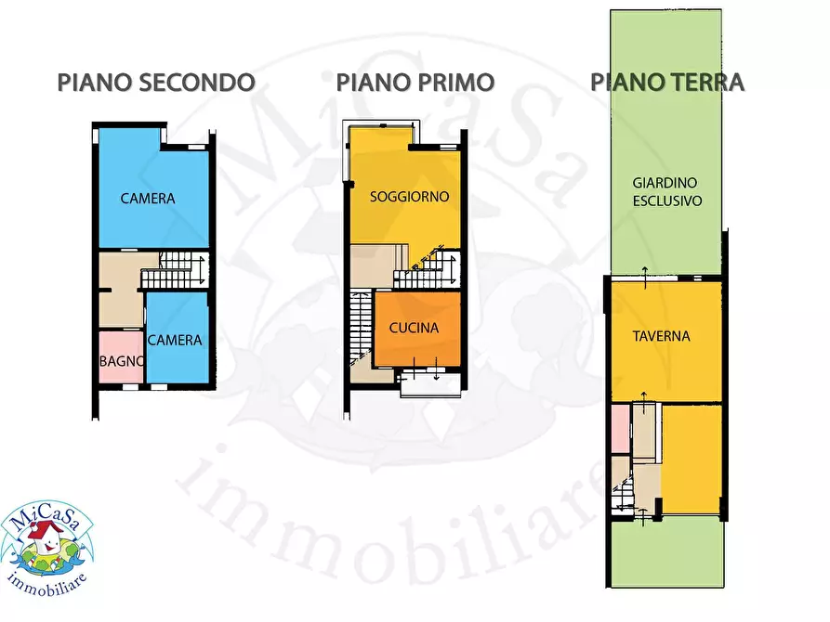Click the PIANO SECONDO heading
[156, 82]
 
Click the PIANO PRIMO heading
[415, 82]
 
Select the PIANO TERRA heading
[667, 82]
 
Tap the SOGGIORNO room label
[410, 197]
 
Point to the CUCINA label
[414, 328]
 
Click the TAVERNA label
[663, 336]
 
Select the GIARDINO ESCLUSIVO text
[666, 191]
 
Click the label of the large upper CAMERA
[148, 199]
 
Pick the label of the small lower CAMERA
[175, 340]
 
